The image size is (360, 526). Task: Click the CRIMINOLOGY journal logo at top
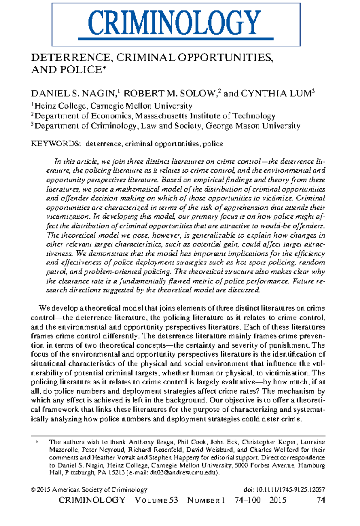(175, 24)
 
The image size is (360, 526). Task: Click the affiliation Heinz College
(60, 106)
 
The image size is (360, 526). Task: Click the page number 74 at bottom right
(321, 500)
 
